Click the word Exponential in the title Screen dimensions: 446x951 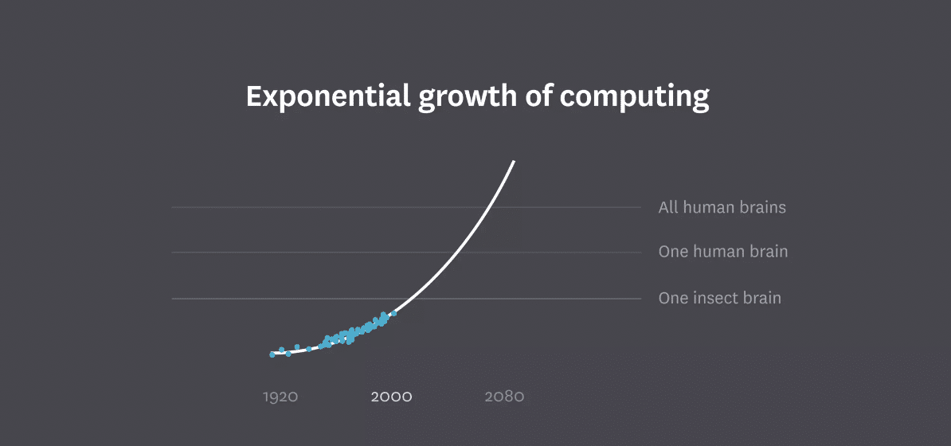[x=328, y=97]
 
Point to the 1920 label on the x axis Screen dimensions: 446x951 [x=280, y=397]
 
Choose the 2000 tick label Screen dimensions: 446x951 [x=391, y=397]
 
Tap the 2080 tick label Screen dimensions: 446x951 [x=504, y=397]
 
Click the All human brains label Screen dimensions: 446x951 [x=722, y=208]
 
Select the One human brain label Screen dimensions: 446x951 [x=722, y=252]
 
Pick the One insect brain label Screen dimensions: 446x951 [x=719, y=299]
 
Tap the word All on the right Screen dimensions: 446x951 [x=667, y=208]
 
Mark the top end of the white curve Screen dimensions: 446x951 [x=514, y=162]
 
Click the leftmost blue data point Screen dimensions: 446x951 [x=272, y=354]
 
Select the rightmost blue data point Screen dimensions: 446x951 [x=393, y=314]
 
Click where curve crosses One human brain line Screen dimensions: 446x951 [x=459, y=252]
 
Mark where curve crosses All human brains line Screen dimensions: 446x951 [x=491, y=208]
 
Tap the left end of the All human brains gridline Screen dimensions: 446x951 [x=173, y=208]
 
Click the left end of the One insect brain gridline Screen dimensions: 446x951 [x=173, y=299]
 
